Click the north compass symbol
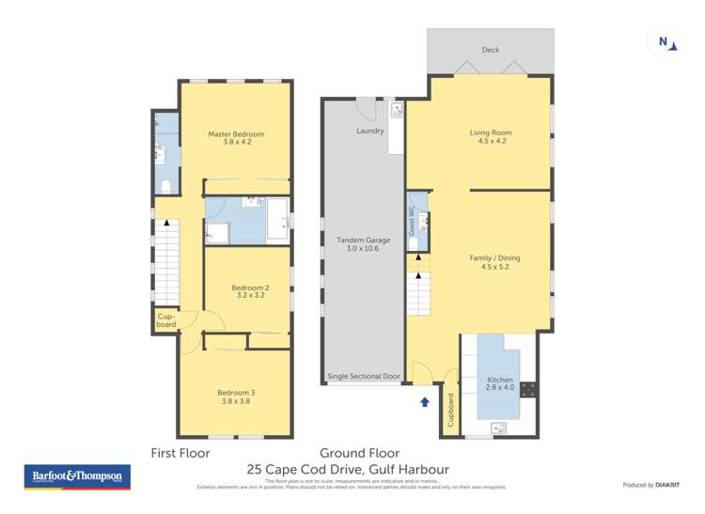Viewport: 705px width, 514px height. (x=665, y=41)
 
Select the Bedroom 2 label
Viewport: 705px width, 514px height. (x=252, y=291)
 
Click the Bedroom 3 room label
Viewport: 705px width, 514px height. (x=236, y=397)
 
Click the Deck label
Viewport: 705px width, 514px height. (x=490, y=50)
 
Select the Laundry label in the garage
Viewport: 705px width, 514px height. (x=370, y=131)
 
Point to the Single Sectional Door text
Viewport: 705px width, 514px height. (x=363, y=376)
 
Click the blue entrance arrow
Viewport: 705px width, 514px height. (x=424, y=402)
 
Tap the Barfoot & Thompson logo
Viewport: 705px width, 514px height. (x=77, y=476)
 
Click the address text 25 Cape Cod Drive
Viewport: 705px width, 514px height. (x=348, y=469)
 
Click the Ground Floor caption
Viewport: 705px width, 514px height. (x=359, y=452)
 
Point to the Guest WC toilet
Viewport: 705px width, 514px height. (x=415, y=242)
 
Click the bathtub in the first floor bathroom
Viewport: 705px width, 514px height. (x=278, y=219)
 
